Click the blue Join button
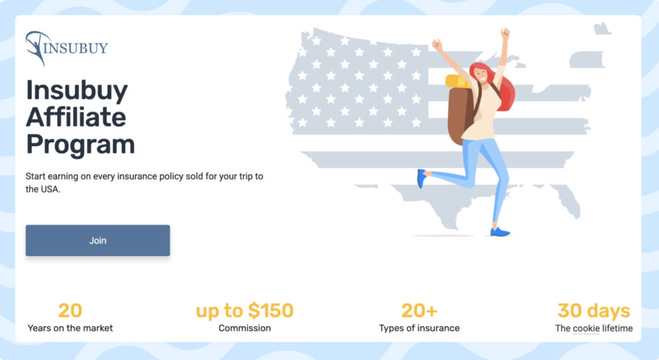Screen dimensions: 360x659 (97, 240)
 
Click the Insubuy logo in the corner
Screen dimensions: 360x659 (66, 48)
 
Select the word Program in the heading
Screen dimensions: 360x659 (80, 144)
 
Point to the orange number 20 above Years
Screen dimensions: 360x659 (70, 311)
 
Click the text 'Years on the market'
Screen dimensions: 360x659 (70, 328)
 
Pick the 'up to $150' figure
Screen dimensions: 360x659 (244, 311)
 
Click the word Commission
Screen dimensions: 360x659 (244, 328)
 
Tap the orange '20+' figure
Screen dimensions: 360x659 (419, 311)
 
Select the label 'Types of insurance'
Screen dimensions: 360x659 (419, 328)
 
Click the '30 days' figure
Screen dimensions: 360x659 (593, 311)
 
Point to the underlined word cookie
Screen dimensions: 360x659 (587, 328)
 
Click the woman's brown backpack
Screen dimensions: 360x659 (460, 114)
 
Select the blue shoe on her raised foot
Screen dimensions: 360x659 (421, 178)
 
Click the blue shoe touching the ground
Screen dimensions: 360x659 (500, 232)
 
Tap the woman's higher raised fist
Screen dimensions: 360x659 (505, 33)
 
